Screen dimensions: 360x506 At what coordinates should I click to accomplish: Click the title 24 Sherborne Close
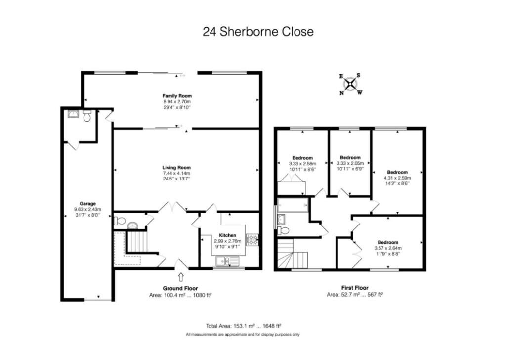tap(258, 32)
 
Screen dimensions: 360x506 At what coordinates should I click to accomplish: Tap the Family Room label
tap(177, 96)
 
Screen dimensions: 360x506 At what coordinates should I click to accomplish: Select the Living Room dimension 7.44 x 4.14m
tap(177, 173)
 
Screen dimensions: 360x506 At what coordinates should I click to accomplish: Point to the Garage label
tap(87, 203)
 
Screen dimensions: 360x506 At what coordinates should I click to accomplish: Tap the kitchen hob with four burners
tap(253, 239)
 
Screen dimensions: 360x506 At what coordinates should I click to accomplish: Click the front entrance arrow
tap(180, 277)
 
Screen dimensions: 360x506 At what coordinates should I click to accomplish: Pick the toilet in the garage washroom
tap(87, 116)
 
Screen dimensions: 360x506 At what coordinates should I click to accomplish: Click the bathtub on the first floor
tap(293, 205)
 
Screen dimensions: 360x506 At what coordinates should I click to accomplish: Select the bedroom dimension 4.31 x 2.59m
tap(396, 178)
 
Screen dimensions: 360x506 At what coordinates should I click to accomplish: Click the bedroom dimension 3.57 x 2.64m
tap(388, 248)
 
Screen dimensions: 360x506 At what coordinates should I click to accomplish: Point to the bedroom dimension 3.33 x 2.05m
tap(350, 163)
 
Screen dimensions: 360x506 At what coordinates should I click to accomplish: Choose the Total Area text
tap(243, 326)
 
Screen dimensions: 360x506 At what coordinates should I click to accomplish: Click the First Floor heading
tap(355, 288)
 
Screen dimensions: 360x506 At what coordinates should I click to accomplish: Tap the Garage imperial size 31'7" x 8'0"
tap(87, 215)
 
